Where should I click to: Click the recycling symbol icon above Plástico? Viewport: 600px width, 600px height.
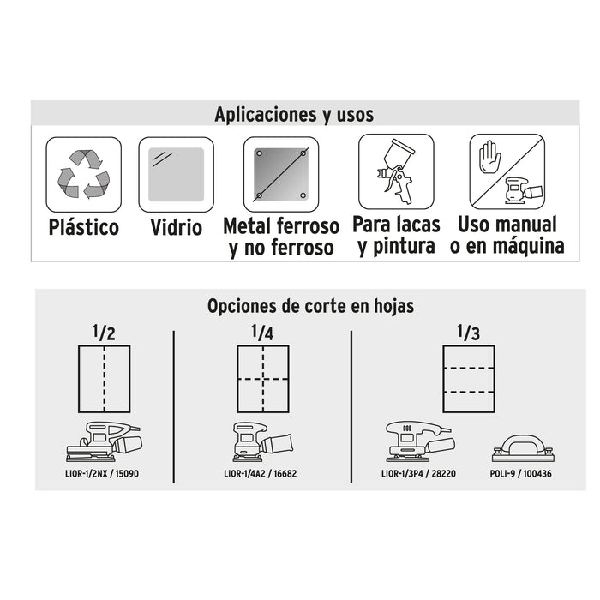84,175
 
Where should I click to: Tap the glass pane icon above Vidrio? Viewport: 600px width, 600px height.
176,175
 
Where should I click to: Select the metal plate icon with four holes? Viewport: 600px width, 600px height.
281,175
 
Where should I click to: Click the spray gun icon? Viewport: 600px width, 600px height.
396,171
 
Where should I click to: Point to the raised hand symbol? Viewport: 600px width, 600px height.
489,157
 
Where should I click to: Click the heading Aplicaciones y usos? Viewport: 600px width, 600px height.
294,114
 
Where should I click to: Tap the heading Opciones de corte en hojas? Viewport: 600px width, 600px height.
310,306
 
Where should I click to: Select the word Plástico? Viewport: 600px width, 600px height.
84,227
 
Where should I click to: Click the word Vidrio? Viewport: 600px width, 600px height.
176,227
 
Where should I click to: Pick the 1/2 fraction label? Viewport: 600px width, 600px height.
104,333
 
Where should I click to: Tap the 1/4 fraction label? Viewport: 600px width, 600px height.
262,333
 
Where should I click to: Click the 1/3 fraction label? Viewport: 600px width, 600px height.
468,333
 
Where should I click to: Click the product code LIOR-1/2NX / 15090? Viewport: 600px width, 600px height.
102,474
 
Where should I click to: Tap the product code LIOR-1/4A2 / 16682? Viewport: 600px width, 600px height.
261,474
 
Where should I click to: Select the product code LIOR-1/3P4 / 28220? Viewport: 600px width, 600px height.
418,474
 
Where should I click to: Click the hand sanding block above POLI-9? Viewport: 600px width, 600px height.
523,448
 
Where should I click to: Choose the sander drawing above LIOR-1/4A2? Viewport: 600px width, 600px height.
262,441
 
